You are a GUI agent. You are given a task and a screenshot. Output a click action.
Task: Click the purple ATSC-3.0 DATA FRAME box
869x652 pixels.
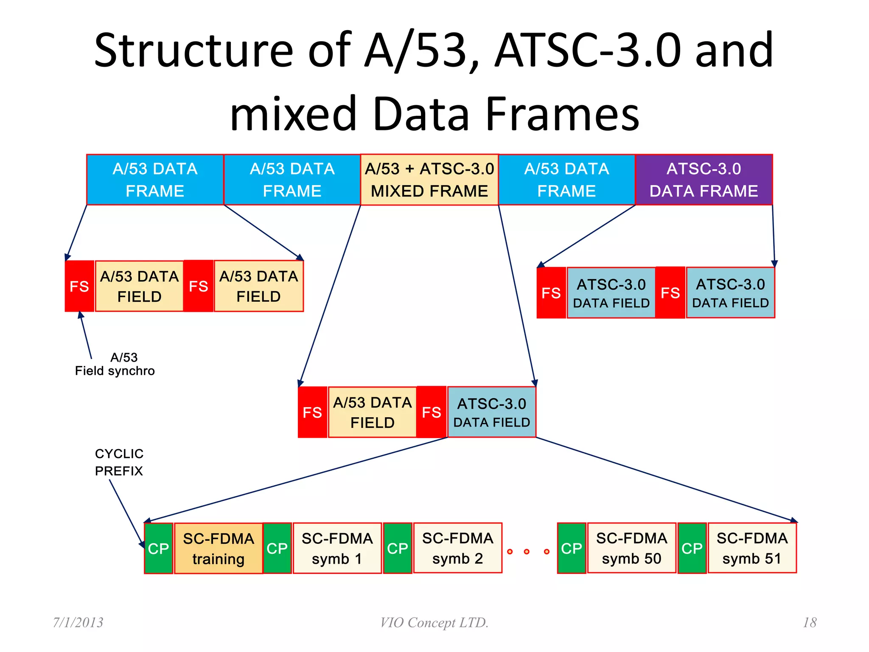tap(704, 180)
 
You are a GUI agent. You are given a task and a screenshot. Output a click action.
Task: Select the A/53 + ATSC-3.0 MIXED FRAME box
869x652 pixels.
tap(429, 180)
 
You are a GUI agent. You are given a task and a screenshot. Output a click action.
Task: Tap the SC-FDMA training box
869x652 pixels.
tap(218, 548)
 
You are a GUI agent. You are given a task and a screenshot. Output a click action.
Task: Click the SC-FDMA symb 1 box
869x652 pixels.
tap(337, 548)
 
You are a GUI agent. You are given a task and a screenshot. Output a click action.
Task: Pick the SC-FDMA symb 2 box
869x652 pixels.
tap(457, 548)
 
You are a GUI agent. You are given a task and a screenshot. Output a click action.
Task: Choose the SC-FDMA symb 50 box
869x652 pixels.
tap(631, 548)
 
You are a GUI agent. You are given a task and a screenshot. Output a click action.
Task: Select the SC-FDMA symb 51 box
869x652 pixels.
tap(752, 548)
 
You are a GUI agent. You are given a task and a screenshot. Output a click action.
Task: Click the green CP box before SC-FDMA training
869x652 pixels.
tap(158, 548)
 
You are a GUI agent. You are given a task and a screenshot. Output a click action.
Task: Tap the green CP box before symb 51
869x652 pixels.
tap(692, 548)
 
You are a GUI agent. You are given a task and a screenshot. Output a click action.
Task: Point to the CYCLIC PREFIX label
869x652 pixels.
tap(119, 462)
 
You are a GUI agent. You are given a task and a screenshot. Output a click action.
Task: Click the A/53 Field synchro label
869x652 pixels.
tap(115, 364)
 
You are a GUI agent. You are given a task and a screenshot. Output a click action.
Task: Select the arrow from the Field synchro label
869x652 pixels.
tap(85, 335)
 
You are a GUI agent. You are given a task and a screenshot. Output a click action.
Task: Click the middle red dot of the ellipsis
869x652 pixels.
tap(527, 551)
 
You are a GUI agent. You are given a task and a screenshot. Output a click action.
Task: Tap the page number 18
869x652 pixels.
tap(810, 622)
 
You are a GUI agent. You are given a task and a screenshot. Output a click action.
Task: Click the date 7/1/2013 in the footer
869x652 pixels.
tap(78, 622)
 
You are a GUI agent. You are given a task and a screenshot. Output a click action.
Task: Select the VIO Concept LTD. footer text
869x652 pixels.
tap(434, 622)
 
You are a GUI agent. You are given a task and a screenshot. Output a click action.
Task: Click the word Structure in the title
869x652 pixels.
tap(193, 51)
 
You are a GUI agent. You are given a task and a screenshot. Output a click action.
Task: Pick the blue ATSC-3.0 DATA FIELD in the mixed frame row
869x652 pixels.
tap(491, 412)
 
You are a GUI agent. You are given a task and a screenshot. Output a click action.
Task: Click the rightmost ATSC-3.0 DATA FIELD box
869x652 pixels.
tap(730, 293)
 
